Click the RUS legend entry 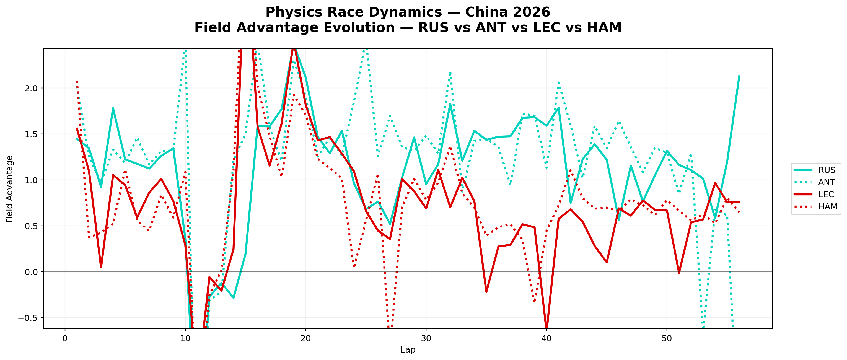click(x=827, y=170)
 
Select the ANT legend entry click(x=827, y=182)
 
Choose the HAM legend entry click(x=827, y=206)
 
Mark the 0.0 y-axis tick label click(x=31, y=272)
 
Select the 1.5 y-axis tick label click(x=31, y=134)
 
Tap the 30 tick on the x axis click(x=426, y=338)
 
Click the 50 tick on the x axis click(x=667, y=338)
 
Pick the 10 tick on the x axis click(x=185, y=338)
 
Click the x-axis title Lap click(x=408, y=350)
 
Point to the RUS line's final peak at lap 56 click(x=739, y=76)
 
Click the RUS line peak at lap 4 click(x=113, y=108)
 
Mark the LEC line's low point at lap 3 click(x=101, y=267)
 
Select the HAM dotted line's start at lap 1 click(x=77, y=81)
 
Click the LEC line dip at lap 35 click(x=486, y=292)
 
